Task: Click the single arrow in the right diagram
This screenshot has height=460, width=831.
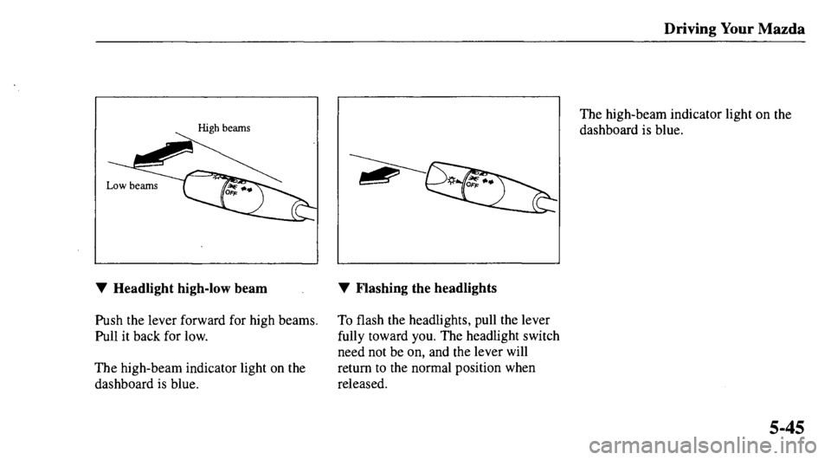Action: coord(380,176)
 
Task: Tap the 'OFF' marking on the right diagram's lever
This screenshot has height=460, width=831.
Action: coord(476,185)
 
